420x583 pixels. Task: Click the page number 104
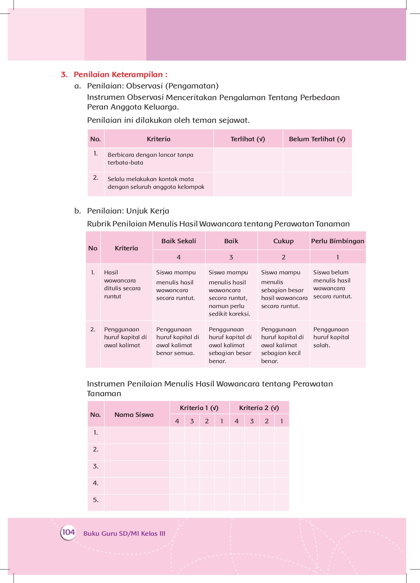[x=68, y=532]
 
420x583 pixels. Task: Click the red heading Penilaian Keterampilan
[x=120, y=74]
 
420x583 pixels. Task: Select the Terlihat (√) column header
[x=248, y=139]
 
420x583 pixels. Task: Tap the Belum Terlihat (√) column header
[x=317, y=139]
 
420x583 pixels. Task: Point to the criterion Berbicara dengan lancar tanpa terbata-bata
[x=151, y=159]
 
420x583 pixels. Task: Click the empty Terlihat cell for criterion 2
[x=248, y=184]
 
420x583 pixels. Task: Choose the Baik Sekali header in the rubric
[x=179, y=241]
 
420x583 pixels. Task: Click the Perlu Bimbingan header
[x=337, y=241]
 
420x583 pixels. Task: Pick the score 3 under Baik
[x=231, y=257]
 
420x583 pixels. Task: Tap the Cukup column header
[x=283, y=241]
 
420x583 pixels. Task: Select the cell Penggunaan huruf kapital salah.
[x=331, y=337]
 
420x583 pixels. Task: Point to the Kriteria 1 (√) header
[x=199, y=408]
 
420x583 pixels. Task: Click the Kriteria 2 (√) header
[x=259, y=408]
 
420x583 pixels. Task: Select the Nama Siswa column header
[x=134, y=415]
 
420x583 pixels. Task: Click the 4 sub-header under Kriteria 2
[x=237, y=421]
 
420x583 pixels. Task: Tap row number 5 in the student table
[x=96, y=500]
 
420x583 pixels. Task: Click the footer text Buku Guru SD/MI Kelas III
[x=124, y=533]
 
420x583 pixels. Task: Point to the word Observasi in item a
[x=144, y=86]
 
